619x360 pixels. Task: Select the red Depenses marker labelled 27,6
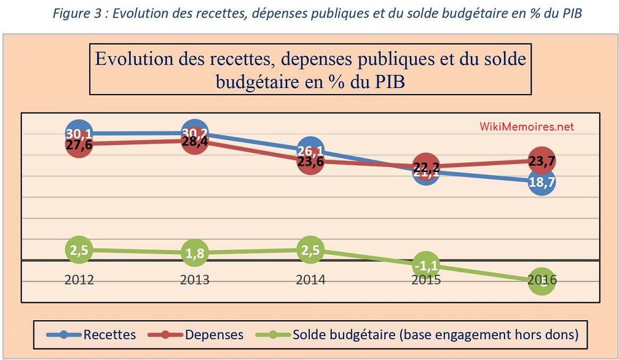click(79, 144)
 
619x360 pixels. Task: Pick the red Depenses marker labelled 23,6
click(311, 161)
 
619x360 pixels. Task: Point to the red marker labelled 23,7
click(541, 161)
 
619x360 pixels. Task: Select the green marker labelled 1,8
click(195, 253)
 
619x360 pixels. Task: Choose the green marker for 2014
click(311, 250)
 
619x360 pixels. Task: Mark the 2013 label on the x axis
click(195, 280)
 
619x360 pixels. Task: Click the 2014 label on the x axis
click(311, 280)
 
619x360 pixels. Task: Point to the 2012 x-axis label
click(79, 280)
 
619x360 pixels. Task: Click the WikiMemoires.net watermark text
click(527, 127)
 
